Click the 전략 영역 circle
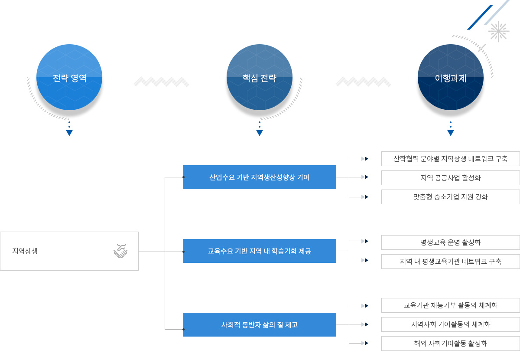(69, 77)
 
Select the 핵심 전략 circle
(260, 77)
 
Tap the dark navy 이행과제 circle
(451, 77)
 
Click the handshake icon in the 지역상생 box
(120, 251)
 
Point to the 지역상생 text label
(25, 251)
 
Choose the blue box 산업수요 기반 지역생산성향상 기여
(260, 177)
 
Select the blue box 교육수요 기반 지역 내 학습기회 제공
(260, 251)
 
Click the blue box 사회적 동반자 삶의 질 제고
(260, 325)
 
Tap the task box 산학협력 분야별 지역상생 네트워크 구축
(450, 159)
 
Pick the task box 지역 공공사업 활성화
(450, 178)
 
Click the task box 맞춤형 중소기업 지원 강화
(450, 197)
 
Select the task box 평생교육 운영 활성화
(450, 242)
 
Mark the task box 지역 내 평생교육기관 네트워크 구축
(450, 262)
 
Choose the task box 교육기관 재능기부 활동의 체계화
(450, 305)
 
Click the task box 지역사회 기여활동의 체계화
(450, 324)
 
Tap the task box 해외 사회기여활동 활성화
(450, 344)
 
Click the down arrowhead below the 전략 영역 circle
(69, 133)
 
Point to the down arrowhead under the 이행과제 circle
(451, 133)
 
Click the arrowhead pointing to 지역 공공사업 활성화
(366, 177)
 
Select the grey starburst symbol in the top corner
(499, 31)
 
